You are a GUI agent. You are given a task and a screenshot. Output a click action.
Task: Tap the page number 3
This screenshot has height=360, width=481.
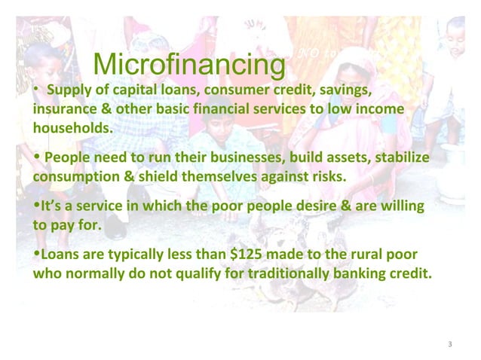449,344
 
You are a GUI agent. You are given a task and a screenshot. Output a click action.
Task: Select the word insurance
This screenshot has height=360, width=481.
62,110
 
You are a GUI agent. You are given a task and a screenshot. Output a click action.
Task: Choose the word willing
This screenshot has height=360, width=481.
398,206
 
